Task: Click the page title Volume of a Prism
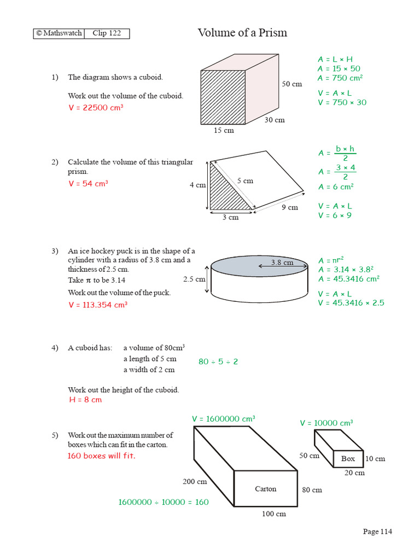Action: coord(242,33)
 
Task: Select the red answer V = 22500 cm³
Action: coord(96,108)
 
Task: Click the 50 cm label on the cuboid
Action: coord(292,84)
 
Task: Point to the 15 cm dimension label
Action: coord(224,130)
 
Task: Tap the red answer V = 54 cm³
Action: coord(88,184)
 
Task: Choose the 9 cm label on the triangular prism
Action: coord(290,207)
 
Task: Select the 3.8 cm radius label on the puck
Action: coord(282,262)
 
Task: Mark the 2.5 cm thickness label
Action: coord(194,279)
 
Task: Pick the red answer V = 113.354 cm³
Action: coord(98,305)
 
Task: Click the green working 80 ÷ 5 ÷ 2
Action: coord(218,361)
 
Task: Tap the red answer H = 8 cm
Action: coord(85,400)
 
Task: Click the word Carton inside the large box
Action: coord(266,489)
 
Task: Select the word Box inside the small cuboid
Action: coord(348,459)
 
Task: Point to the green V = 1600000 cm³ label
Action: coord(224,419)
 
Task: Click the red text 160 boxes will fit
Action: coord(101,456)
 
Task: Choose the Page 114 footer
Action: coord(378,532)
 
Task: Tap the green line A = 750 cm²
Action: coord(340,78)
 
